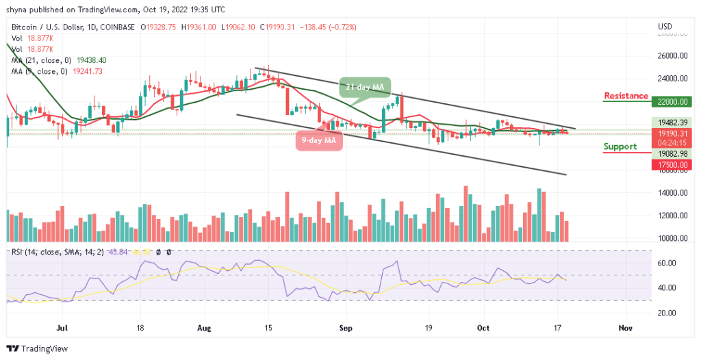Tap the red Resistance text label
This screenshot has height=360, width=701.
pos(626,95)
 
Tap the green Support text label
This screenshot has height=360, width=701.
pos(620,146)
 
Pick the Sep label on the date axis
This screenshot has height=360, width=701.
pos(346,329)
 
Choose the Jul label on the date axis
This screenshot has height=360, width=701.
pos(62,329)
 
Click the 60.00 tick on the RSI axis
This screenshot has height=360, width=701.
pos(668,263)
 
